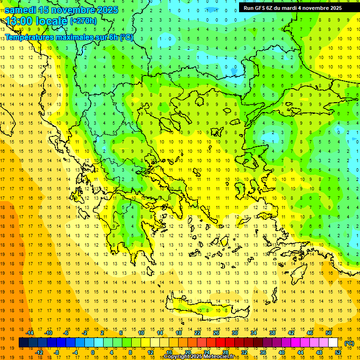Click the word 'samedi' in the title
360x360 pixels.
[21, 10]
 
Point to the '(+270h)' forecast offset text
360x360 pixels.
[83, 21]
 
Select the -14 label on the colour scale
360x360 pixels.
[30, 333]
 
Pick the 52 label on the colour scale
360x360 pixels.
[338, 352]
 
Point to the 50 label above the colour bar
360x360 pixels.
[329, 333]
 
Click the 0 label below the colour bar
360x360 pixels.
[93, 352]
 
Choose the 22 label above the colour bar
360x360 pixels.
[197, 333]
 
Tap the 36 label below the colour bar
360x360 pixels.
[263, 352]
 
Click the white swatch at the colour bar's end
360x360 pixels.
[333, 343]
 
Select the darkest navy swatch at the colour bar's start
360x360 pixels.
[23, 343]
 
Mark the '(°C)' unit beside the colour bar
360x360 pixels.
[349, 343]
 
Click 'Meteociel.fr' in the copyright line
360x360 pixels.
[220, 357]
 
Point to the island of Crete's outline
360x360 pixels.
[206, 310]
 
